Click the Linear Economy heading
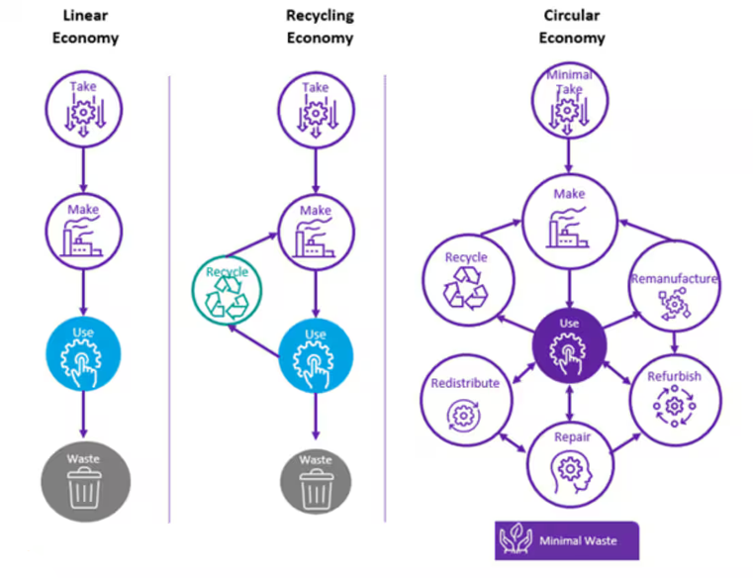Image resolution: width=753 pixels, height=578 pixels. pos(85,27)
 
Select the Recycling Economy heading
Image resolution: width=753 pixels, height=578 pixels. pos(320,27)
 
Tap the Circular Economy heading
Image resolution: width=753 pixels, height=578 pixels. pos(572,27)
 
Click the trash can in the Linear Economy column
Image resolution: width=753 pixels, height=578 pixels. pos(84,488)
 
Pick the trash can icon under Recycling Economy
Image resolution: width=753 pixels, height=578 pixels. pos(316,488)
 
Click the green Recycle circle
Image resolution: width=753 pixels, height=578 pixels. pos(227,290)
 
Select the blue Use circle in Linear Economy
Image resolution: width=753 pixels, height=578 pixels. pos(83,354)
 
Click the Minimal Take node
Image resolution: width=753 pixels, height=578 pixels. pos(570,100)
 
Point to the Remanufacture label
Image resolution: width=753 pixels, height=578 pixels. pos(674,279)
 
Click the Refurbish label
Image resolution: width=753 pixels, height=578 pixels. pos(674,376)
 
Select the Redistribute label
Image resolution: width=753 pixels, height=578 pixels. pos(465,383)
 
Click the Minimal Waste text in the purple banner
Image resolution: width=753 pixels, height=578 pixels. pos(578,541)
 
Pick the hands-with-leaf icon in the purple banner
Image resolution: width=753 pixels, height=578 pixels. pos(517,539)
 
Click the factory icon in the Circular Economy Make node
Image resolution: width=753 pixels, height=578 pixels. pos(567,228)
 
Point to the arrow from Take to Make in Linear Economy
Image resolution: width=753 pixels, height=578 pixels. pos(83,169)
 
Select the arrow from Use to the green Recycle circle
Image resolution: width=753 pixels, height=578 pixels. pos(253,340)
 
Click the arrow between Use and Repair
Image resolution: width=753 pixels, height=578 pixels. pos(570,403)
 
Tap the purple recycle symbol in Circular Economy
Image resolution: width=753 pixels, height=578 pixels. pos(465,288)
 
